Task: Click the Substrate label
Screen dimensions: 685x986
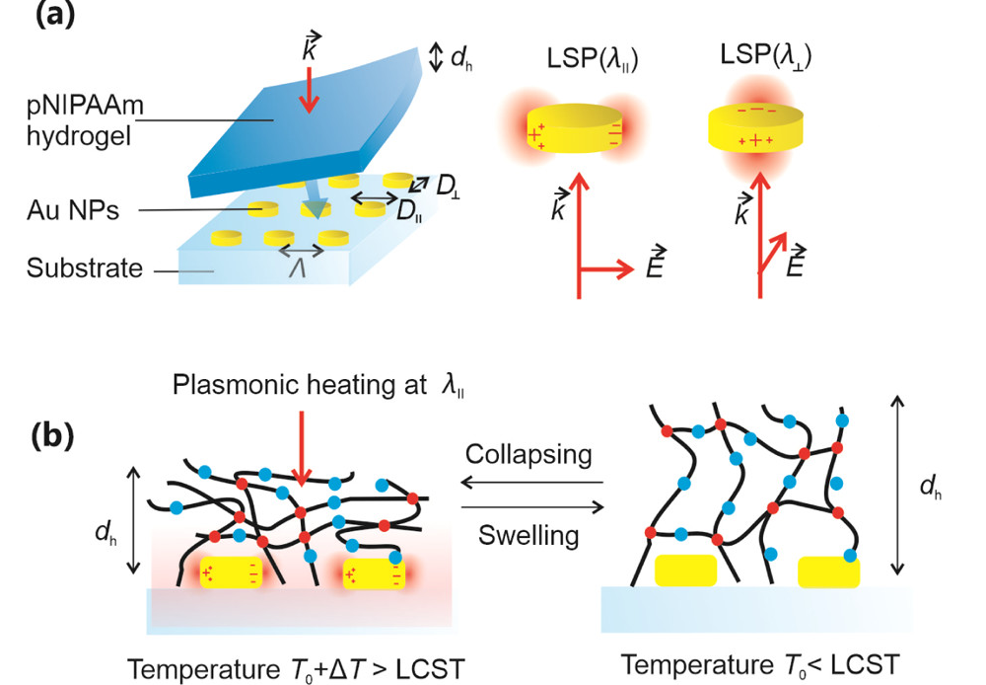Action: [85, 267]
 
